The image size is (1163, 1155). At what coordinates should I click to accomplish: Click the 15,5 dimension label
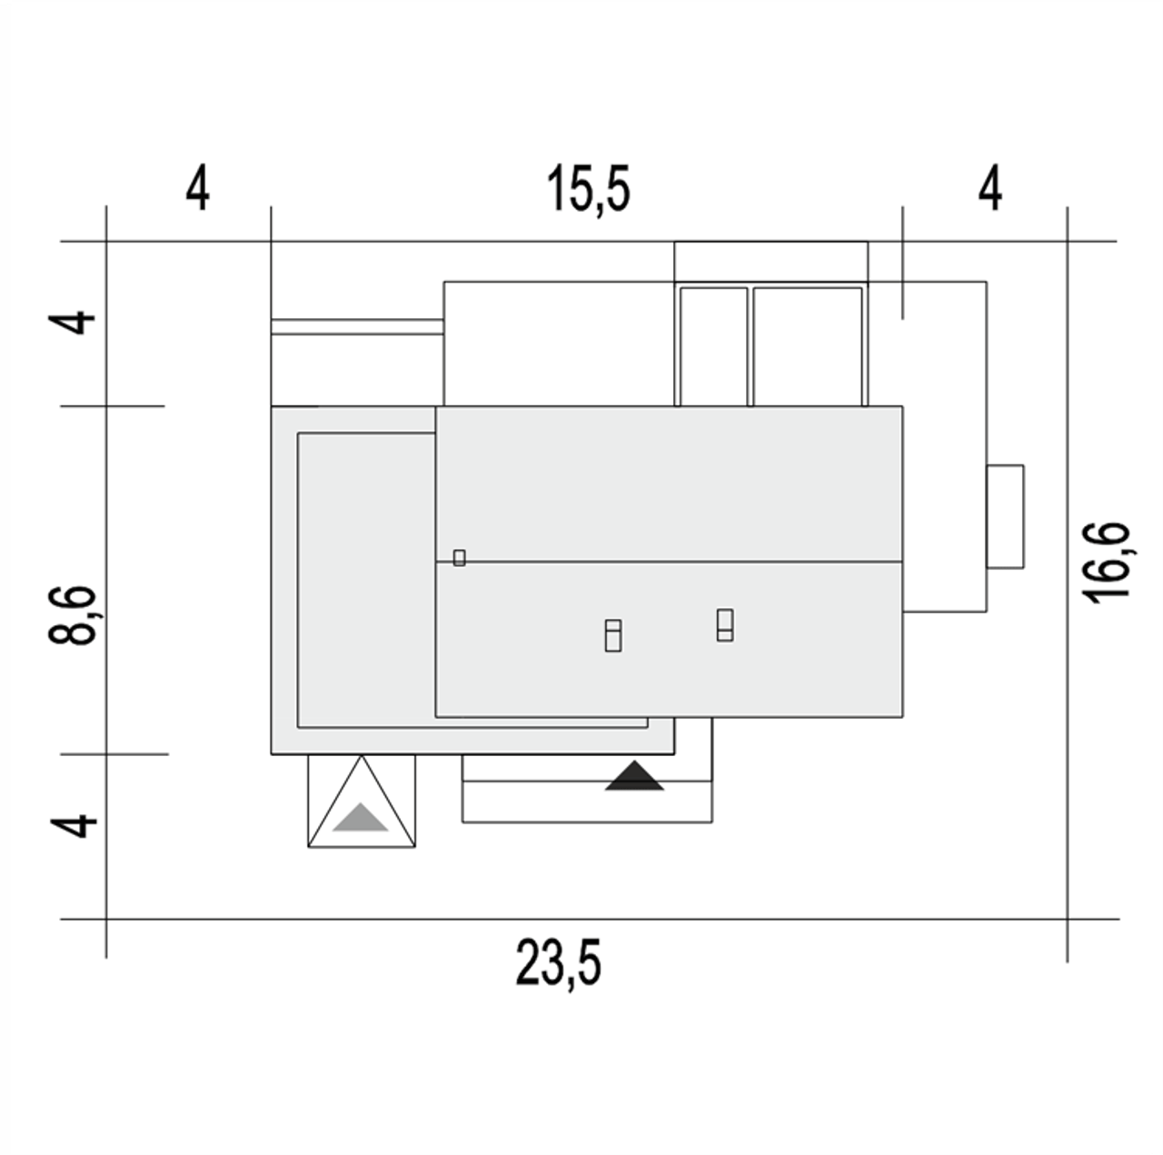[589, 190]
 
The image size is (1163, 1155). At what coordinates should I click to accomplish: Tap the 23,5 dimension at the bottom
[558, 962]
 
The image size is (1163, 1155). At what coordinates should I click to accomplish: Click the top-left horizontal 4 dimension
[198, 188]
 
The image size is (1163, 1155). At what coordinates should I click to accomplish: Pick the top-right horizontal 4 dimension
[989, 188]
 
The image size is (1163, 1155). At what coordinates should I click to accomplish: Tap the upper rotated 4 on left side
[72, 323]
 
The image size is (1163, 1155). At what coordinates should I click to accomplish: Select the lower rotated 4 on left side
[73, 827]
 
